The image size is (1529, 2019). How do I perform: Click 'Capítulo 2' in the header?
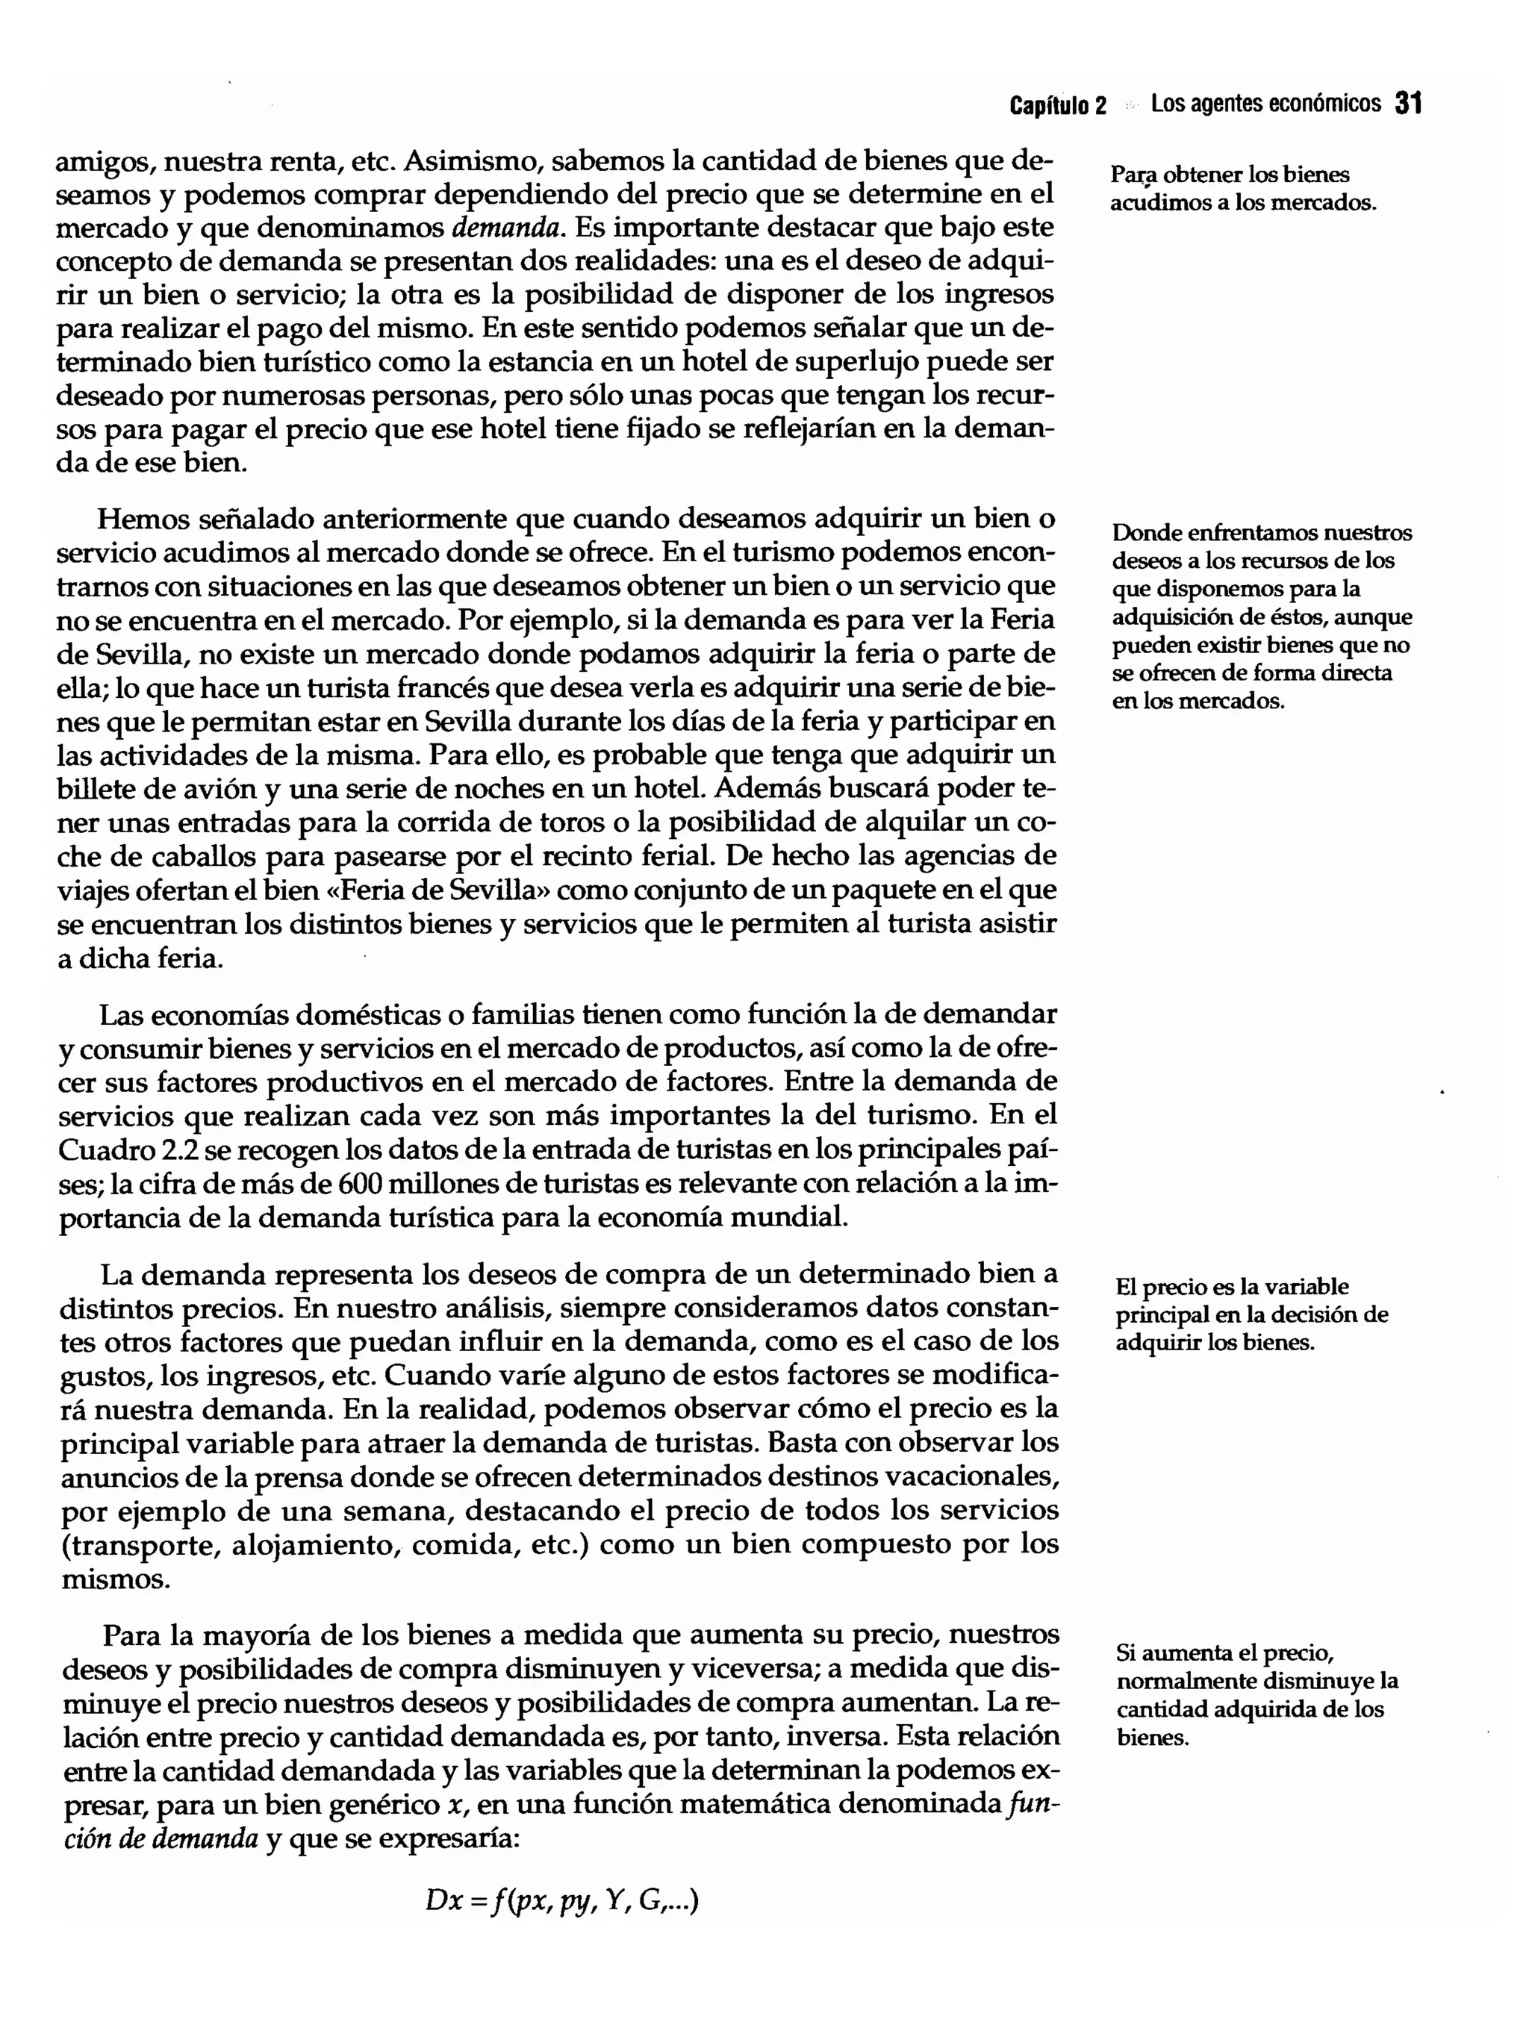point(1057,106)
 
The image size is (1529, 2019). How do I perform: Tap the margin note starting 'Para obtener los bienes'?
point(1242,188)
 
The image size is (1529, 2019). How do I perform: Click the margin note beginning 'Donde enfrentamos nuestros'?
point(1261,616)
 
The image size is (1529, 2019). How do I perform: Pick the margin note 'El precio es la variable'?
point(1251,1314)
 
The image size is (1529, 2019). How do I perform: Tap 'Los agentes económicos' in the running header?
point(1265,104)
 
